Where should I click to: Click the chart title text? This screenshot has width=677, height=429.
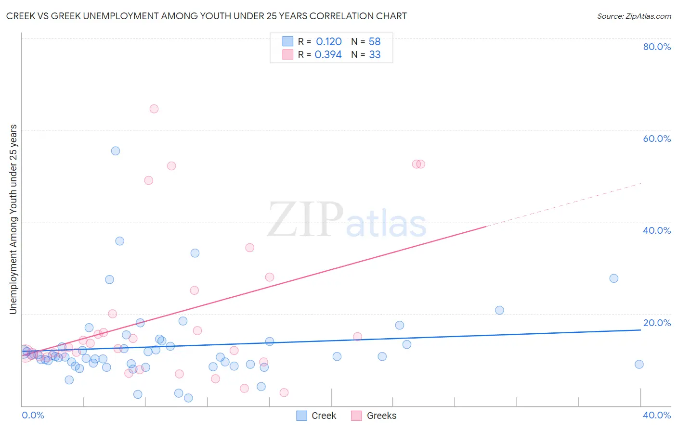[206, 16]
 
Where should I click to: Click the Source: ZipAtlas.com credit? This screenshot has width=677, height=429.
[634, 16]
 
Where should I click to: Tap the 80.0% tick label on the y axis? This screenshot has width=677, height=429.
[657, 47]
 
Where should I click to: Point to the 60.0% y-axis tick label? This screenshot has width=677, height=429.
[657, 139]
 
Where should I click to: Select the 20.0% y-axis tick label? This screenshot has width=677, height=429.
[657, 323]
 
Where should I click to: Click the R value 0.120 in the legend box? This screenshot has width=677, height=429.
[328, 42]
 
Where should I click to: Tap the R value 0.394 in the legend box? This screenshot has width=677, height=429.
[328, 55]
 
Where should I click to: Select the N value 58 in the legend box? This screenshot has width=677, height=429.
[375, 42]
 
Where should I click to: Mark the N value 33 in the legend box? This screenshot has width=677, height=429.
[375, 55]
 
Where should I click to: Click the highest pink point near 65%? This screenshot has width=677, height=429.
[154, 109]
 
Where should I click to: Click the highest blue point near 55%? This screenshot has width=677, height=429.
[116, 151]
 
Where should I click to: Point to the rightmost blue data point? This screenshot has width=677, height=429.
[639, 364]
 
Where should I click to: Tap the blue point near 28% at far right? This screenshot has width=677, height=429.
[613, 278]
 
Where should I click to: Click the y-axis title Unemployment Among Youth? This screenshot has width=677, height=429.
[13, 219]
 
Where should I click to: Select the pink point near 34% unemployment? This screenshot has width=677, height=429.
[249, 248]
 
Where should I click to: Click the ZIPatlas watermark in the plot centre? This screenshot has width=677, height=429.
[347, 220]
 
